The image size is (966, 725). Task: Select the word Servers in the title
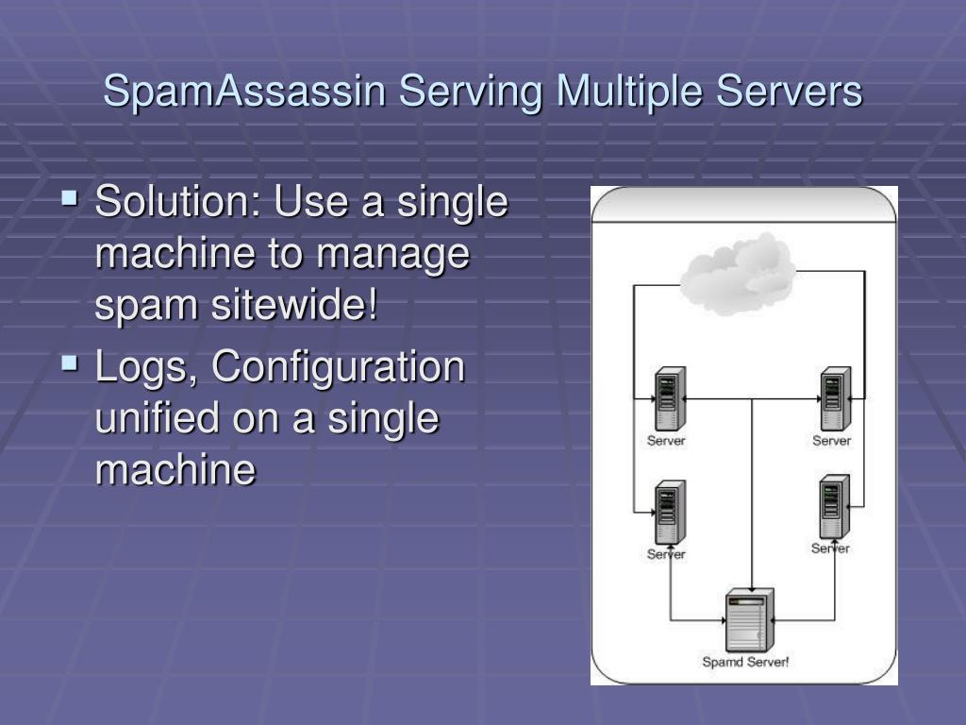point(789,93)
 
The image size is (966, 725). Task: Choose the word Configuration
point(339,368)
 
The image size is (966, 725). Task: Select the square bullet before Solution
point(70,199)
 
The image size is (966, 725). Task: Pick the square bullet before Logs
point(70,362)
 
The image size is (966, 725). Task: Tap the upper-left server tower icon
point(671,399)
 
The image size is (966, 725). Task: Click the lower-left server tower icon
point(670,513)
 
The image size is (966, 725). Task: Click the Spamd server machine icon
point(749,619)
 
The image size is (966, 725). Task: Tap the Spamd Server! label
point(745,662)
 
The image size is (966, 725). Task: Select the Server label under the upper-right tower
point(831,441)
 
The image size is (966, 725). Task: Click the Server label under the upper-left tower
point(666,441)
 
